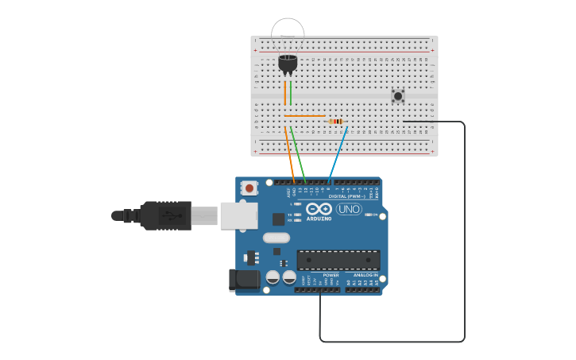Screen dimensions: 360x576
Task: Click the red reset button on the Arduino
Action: tap(249, 188)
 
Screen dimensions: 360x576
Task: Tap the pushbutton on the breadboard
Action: tap(398, 96)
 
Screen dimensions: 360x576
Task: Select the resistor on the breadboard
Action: tap(335, 122)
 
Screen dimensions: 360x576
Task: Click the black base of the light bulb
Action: tap(288, 63)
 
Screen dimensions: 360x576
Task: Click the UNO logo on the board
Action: tap(349, 209)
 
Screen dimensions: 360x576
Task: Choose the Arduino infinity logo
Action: tap(319, 210)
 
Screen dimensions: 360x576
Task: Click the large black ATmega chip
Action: tap(338, 260)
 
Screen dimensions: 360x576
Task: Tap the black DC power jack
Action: tap(244, 279)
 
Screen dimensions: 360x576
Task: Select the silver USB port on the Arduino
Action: tap(238, 215)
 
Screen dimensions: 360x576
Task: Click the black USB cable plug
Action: tap(164, 215)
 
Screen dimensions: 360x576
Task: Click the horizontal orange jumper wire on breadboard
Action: tap(304, 116)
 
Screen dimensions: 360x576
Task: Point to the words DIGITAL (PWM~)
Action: tap(347, 195)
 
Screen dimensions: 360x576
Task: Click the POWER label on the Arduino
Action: tap(331, 275)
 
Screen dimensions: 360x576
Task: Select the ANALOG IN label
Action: tap(365, 275)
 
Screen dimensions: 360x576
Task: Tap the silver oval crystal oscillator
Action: tap(276, 238)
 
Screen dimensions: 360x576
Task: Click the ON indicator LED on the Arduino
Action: tap(367, 215)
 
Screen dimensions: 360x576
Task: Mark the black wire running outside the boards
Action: tap(464, 238)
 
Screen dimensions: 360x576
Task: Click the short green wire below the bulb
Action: tap(291, 92)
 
